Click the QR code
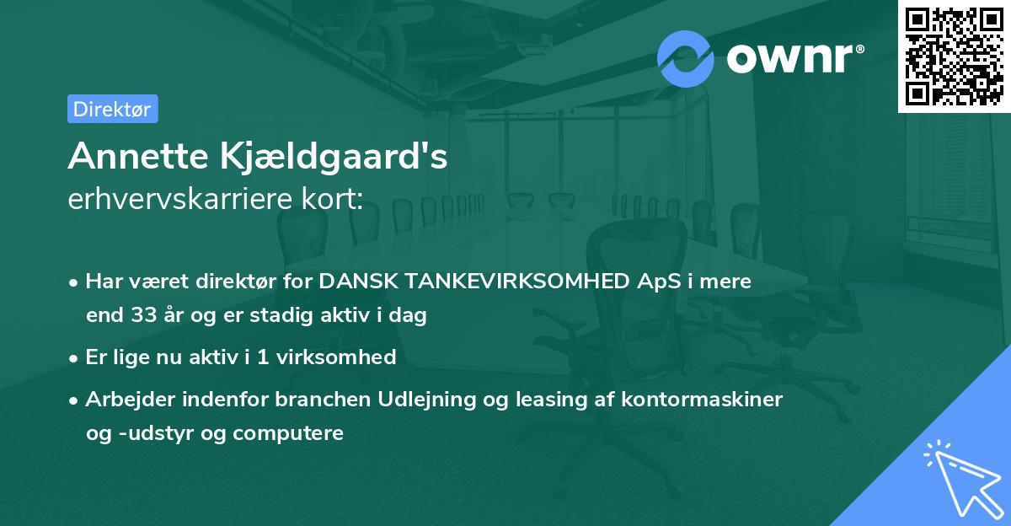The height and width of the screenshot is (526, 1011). coord(954,56)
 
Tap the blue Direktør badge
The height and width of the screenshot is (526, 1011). coord(112,109)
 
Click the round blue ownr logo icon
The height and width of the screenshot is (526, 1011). coord(687,58)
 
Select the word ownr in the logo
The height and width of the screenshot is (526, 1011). coord(794,59)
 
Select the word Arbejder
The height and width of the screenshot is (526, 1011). coord(124,400)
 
